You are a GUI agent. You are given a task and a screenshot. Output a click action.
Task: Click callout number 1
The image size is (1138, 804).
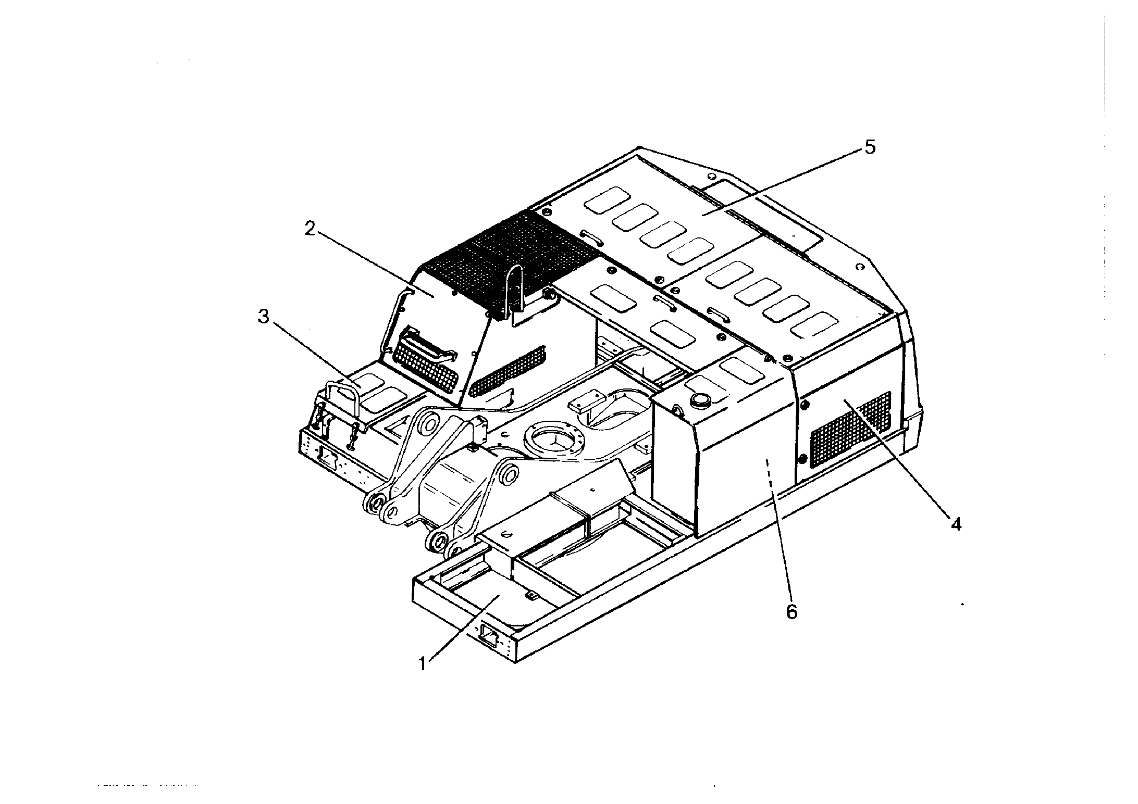coord(424,664)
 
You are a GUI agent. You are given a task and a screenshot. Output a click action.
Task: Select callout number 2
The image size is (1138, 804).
coord(310,229)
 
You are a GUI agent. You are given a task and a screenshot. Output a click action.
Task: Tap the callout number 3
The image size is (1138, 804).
coord(264,316)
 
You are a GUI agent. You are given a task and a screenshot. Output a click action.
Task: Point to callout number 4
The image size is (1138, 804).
coord(955,523)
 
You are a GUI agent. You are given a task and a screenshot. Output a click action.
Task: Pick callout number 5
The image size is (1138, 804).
coord(870,147)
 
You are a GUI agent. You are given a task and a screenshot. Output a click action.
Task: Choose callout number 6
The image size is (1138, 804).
coord(791,612)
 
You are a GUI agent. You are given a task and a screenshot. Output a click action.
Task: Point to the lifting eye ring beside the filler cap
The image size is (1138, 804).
coord(678,410)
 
